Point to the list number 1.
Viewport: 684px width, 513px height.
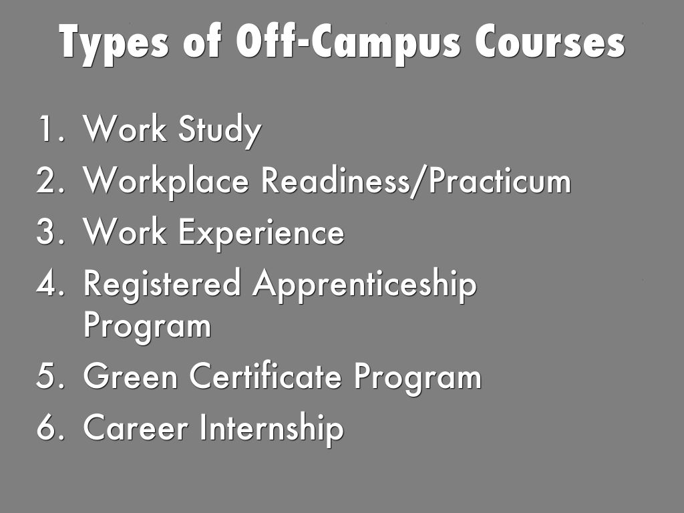tap(51, 129)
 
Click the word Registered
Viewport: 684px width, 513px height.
tap(162, 286)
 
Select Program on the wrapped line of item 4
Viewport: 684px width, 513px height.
tap(147, 327)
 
